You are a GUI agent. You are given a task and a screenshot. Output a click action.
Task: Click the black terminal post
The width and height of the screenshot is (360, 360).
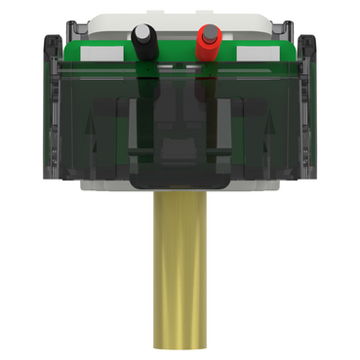pos(144,45)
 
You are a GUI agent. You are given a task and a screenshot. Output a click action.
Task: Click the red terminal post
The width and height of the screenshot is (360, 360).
pos(207,43)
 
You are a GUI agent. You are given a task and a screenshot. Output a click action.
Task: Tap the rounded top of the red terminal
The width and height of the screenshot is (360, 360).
pos(207,30)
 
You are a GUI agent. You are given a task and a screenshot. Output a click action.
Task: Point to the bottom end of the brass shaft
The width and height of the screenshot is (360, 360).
pos(180,343)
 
